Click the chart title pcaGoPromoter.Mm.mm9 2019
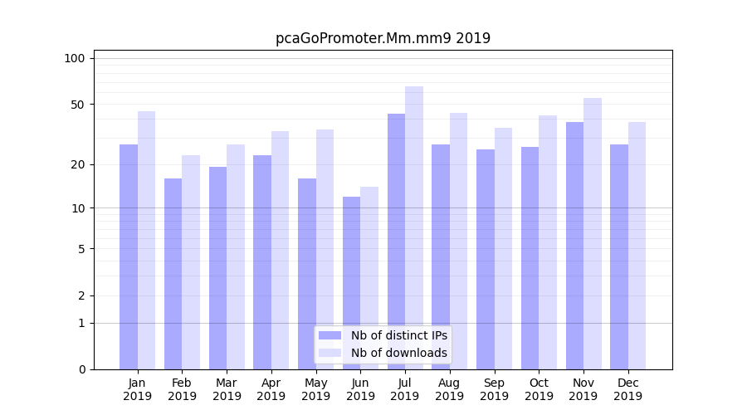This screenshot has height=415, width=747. (x=383, y=38)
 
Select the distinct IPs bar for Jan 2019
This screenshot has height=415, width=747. (x=129, y=256)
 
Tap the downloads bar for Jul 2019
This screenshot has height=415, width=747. (x=414, y=227)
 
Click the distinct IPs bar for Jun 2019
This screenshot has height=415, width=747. (x=351, y=282)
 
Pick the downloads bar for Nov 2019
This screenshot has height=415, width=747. (x=593, y=233)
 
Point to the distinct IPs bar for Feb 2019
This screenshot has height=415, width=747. (x=173, y=273)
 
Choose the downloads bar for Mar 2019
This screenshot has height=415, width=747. (x=236, y=256)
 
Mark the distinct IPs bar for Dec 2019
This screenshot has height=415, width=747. (x=619, y=256)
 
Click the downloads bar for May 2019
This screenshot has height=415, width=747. (x=325, y=249)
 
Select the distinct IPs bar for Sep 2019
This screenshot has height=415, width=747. (x=486, y=259)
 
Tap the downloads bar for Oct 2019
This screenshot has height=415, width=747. (x=548, y=242)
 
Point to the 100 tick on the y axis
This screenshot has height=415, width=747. (x=75, y=58)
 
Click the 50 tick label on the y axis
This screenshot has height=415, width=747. (x=77, y=105)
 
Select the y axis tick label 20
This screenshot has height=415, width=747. (x=77, y=164)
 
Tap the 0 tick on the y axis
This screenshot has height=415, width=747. (x=81, y=369)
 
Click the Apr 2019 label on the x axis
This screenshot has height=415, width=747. (x=271, y=389)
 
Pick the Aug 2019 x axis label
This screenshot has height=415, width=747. (x=450, y=389)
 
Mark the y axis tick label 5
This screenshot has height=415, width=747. (x=81, y=248)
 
